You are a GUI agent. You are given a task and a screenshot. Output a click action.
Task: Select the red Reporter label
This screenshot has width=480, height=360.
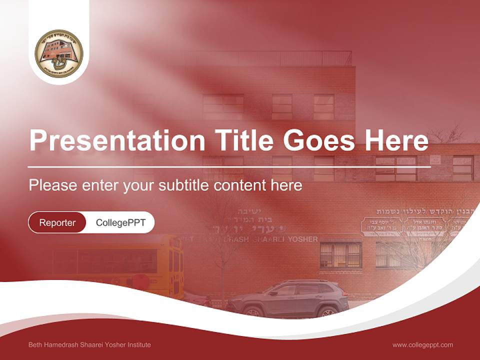(x=57, y=222)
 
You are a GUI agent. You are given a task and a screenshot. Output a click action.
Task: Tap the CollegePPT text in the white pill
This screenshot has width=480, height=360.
(x=120, y=222)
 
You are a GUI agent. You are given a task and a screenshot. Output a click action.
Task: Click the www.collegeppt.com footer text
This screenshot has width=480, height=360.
(x=422, y=344)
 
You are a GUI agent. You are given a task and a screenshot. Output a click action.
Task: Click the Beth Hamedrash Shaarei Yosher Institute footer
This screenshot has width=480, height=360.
(x=89, y=344)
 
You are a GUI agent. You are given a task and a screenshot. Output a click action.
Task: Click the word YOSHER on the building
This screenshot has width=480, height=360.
(x=301, y=239)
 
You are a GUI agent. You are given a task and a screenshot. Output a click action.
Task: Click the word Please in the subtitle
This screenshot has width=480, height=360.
(x=52, y=185)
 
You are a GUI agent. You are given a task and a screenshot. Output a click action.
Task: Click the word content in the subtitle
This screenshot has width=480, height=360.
(x=240, y=185)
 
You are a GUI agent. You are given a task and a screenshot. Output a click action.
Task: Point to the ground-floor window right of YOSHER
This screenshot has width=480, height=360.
(x=340, y=254)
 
